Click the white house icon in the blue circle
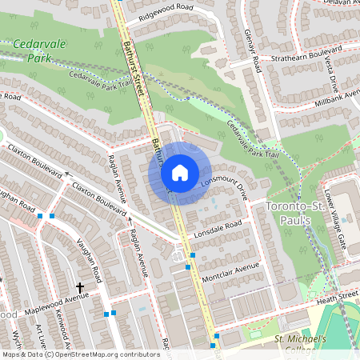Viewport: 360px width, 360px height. (180, 172)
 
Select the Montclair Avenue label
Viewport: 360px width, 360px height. (230, 267)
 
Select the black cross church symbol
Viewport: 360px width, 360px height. (80, 286)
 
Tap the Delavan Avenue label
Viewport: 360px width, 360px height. (335, 4)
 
